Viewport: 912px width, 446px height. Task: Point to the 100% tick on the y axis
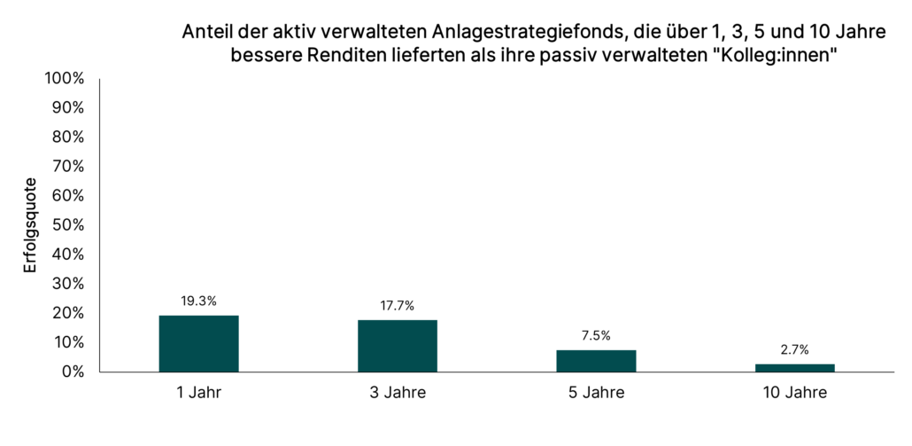click(65, 79)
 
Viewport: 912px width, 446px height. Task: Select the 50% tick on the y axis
click(68, 225)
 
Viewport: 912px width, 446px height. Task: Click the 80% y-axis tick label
click(68, 137)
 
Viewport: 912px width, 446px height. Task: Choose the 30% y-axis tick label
click(68, 284)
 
